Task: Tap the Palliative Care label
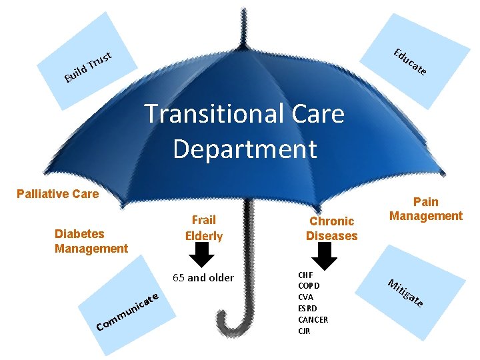tap(57, 194)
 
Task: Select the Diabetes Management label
tap(91, 241)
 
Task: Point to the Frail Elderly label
tap(203, 227)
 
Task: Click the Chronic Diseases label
tap(331, 228)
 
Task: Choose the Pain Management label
tap(425, 209)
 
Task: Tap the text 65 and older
tap(203, 277)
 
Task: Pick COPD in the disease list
tap(309, 286)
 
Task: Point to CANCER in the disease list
tap(313, 320)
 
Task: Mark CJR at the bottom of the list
tap(305, 331)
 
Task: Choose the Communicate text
tap(127, 311)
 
